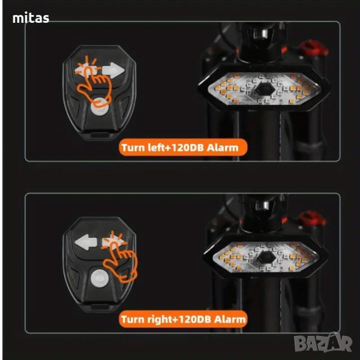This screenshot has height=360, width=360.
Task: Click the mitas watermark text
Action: (31, 19)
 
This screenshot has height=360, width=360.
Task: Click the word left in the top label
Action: (152, 147)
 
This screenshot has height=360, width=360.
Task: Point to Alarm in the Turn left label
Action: (227, 147)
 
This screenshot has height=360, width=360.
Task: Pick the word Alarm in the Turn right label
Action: (230, 319)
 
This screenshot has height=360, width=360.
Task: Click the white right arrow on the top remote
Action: (113, 71)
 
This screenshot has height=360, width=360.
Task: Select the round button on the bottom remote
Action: (99, 277)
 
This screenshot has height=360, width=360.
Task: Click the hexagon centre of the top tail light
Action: (263, 90)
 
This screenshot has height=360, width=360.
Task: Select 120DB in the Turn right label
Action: (191, 319)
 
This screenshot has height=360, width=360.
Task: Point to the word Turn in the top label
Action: (131, 147)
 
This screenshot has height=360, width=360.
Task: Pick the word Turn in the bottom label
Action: (131, 319)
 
